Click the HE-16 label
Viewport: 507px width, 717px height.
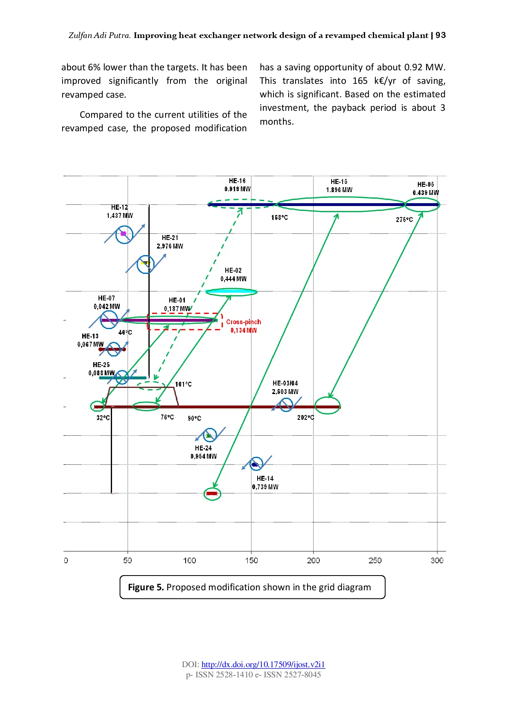237,181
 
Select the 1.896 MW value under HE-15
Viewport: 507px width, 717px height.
339,190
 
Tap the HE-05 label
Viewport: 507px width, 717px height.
426,184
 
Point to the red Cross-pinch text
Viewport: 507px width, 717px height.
243,322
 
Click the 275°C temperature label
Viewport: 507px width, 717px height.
404,220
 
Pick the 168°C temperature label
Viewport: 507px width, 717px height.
279,217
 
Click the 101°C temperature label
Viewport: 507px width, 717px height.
183,384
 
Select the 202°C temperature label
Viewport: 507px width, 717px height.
305,417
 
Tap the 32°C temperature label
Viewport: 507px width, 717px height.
103,418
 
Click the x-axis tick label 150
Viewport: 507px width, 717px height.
251,560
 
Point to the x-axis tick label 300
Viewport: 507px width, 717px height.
437,560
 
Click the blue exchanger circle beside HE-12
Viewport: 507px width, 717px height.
124,235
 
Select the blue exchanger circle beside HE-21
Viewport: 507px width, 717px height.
145,264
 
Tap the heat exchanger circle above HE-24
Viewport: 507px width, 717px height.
210,435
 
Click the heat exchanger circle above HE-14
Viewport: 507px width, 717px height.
256,464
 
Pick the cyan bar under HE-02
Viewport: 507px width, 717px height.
231,292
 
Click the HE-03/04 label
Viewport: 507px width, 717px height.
285,383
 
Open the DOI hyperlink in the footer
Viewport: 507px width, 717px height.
263,664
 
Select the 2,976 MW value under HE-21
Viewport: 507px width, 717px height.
170,246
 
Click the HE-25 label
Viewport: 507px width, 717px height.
101,365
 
